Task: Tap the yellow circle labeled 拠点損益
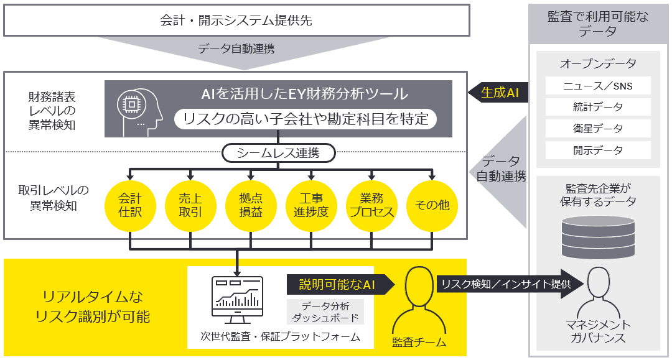coord(250,206)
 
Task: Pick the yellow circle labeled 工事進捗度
coord(310,206)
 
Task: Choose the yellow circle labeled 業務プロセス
coord(371,206)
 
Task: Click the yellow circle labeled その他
coord(432,206)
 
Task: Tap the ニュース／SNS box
coord(597,85)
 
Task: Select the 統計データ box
coord(597,107)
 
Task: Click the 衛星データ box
coord(597,129)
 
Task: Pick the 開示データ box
coord(597,150)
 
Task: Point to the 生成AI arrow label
coord(498,93)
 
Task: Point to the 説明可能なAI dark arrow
coord(339,285)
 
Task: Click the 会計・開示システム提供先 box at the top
coord(236,21)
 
